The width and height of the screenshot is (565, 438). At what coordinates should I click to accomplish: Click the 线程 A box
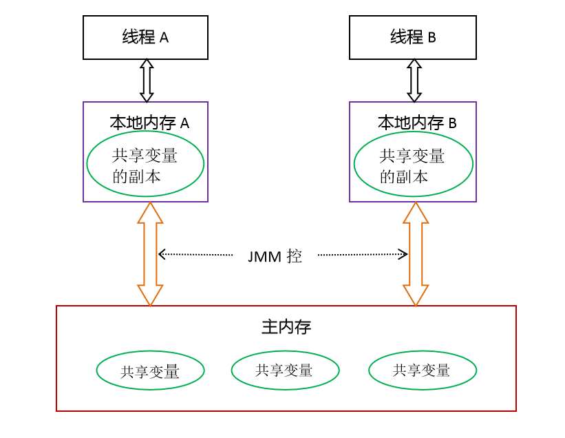tap(145, 37)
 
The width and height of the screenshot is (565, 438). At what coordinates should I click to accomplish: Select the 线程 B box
tap(413, 37)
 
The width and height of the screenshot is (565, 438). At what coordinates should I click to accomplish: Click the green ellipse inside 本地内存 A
tap(145, 165)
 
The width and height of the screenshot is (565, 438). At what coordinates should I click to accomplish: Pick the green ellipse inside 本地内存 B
tap(413, 165)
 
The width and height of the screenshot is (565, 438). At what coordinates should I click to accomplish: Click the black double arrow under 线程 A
tap(146, 81)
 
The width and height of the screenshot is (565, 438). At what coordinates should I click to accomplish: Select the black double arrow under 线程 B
tap(414, 81)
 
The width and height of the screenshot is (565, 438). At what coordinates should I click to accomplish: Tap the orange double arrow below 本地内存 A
tap(150, 253)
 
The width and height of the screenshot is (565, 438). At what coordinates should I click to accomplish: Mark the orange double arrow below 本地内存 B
tap(416, 253)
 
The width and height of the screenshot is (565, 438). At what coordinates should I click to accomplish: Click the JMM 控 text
tap(275, 257)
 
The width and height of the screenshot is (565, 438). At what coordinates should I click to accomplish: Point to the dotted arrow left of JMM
tap(195, 254)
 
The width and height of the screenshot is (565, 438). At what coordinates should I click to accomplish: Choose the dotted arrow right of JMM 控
tap(363, 254)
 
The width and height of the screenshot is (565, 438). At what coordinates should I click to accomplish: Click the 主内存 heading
tap(286, 326)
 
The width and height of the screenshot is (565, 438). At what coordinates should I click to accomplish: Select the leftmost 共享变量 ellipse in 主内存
tap(150, 372)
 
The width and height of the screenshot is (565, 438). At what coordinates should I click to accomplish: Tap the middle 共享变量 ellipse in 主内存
tap(285, 371)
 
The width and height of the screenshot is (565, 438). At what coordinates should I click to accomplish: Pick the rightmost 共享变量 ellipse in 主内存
tap(422, 371)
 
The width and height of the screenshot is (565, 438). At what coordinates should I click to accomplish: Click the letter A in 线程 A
tap(164, 38)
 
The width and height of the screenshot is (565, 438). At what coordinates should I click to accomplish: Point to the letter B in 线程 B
tap(431, 38)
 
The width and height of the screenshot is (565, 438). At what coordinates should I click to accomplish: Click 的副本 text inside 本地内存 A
tap(137, 176)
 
